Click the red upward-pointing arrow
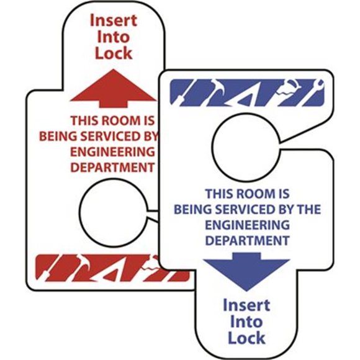click(114, 88)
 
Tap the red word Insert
click(114, 20)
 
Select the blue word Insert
click(246, 305)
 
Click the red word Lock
click(114, 53)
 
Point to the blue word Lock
click(246, 338)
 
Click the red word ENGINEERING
click(112, 152)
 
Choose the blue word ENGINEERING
click(247, 225)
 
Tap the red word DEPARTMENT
click(112, 168)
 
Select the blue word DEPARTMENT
click(247, 241)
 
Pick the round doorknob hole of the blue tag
click(246, 147)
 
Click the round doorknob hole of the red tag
click(114, 213)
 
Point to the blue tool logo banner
click(247, 92)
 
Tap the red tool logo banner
click(112, 268)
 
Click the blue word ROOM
click(256, 194)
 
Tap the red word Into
click(114, 37)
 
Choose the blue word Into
click(246, 322)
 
